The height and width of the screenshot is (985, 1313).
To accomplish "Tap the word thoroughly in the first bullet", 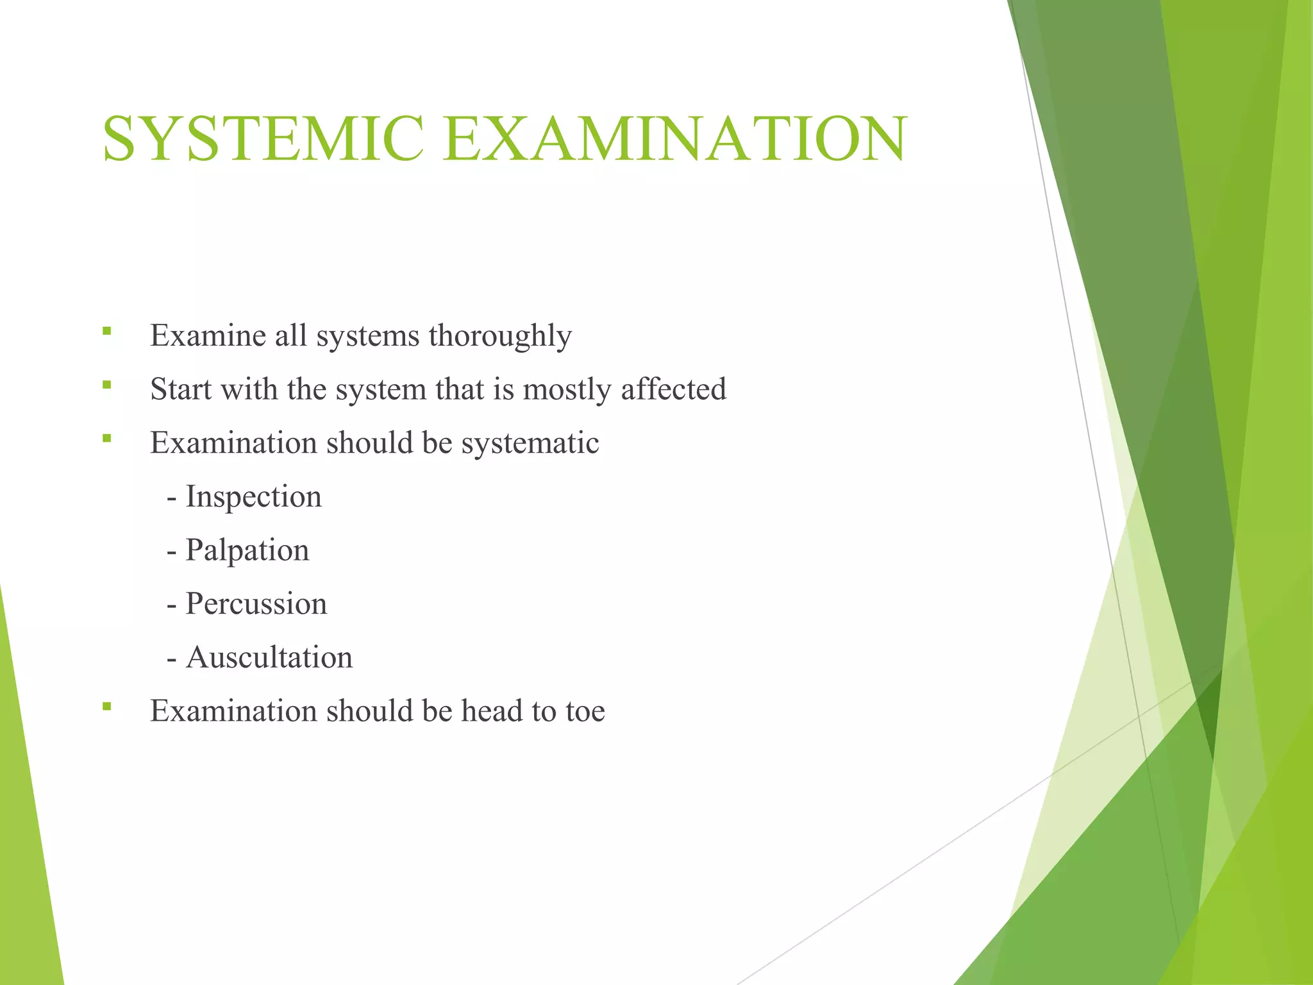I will (500, 336).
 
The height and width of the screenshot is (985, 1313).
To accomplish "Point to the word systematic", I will (530, 443).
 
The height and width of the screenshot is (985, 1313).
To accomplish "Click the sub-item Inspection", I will (253, 497).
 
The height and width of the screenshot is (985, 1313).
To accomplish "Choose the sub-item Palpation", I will (247, 551).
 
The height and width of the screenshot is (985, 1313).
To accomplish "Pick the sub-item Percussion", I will (256, 604).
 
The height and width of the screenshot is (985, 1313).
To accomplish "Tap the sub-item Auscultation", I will (269, 658).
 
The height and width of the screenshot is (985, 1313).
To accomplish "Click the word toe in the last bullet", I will (585, 711).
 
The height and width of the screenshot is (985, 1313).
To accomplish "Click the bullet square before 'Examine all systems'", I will (106, 332).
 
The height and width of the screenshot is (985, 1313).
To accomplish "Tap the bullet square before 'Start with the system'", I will (106, 385).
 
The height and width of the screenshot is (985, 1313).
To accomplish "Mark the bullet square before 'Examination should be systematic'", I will (106, 439).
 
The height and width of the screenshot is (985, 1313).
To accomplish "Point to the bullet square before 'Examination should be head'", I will (106, 707).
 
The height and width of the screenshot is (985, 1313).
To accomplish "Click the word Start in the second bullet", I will (181, 389).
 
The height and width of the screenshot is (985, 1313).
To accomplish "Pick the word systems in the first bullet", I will (368, 336).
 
